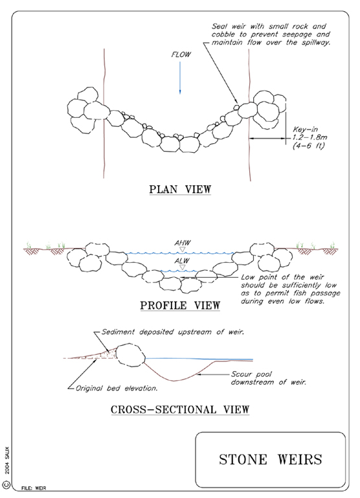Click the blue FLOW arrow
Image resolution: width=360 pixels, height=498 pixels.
pos(180,78)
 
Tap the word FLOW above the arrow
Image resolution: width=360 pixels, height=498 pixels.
pos(181,54)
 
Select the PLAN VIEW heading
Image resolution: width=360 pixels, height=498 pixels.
pos(180,189)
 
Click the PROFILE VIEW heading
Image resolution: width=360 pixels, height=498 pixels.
pos(180,305)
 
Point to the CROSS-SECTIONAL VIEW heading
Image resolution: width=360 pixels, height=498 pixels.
pos(180,409)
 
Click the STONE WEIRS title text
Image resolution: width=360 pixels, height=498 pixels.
pos(271,460)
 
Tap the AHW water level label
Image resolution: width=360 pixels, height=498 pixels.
pos(182,243)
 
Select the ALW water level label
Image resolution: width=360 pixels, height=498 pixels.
pos(182,261)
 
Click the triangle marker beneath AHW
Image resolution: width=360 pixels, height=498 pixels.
pos(182,249)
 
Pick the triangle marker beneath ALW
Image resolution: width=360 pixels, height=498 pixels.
pos(182,267)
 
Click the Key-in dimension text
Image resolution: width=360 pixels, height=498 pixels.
pos(309,137)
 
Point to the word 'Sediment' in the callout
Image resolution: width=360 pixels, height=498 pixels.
pos(118,332)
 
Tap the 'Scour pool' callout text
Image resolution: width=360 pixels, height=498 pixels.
pos(251,374)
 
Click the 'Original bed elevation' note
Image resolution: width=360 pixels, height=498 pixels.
pos(116,388)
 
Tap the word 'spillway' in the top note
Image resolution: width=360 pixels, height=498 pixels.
pos(315,43)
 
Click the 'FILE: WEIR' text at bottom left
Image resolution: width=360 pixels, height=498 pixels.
pos(34,488)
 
